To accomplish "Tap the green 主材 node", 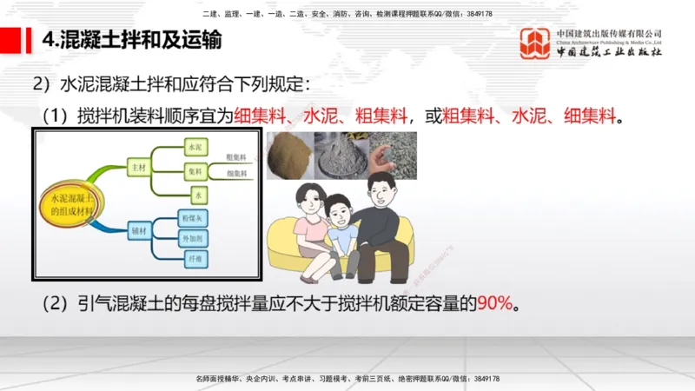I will tap(137, 164).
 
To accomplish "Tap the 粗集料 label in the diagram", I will tap(237, 157).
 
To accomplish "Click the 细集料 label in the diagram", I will tap(237, 175).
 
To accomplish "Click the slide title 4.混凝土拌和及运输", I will tap(130, 40).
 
